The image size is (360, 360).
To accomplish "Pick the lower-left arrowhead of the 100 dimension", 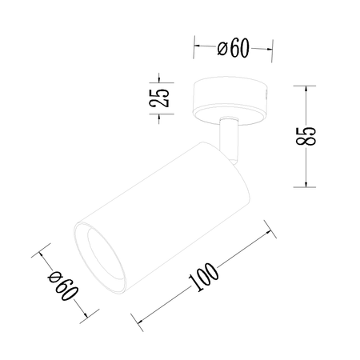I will click(142, 320).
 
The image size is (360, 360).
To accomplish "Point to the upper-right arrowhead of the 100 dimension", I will click(266, 234).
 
